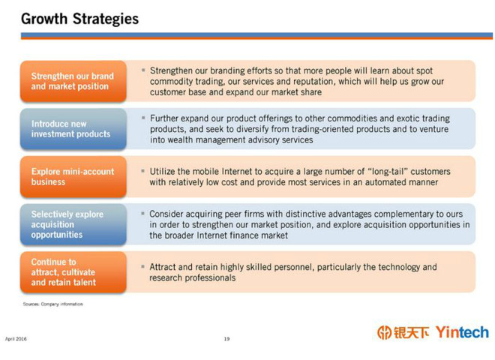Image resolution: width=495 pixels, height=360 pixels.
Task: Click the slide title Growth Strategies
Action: pyautogui.click(x=79, y=19)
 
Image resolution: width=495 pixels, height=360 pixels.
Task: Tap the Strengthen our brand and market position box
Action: pyautogui.click(x=73, y=81)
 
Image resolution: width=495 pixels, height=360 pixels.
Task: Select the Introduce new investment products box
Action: pyautogui.click(x=73, y=129)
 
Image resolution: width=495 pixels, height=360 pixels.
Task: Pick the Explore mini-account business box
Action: pyautogui.click(x=73, y=176)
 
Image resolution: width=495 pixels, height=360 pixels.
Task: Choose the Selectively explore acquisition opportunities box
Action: pyautogui.click(x=73, y=224)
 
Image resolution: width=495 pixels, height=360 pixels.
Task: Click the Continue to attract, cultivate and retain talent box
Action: pyautogui.click(x=73, y=272)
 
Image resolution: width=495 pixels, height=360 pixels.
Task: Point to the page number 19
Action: pyautogui.click(x=226, y=339)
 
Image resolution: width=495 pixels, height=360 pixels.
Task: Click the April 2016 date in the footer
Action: pyautogui.click(x=16, y=339)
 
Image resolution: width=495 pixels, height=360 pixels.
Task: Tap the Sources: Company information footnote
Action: pyautogui.click(x=52, y=304)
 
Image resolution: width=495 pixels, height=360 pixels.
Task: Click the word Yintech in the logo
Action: pyautogui.click(x=462, y=332)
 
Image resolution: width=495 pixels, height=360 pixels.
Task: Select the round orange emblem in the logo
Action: pyautogui.click(x=384, y=332)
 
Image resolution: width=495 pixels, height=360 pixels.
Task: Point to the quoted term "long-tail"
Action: pyautogui.click(x=388, y=172)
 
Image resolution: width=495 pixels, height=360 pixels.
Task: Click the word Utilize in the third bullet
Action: pyautogui.click(x=162, y=172)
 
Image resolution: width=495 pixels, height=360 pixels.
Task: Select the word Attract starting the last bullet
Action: pyautogui.click(x=162, y=267)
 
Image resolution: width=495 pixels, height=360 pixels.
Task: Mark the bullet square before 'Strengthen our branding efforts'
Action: pyautogui.click(x=143, y=70)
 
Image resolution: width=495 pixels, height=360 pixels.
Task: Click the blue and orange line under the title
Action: pyautogui.click(x=256, y=36)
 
